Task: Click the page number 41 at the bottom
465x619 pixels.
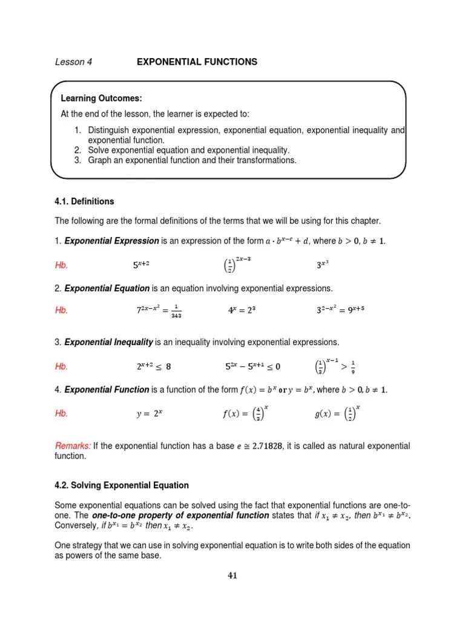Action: pyautogui.click(x=232, y=575)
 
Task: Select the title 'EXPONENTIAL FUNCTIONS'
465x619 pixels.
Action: pyautogui.click(x=197, y=62)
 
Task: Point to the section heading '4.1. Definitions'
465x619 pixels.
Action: pyautogui.click(x=84, y=201)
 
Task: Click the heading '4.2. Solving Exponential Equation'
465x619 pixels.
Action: pyautogui.click(x=122, y=485)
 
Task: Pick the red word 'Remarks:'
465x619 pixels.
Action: pyautogui.click(x=73, y=446)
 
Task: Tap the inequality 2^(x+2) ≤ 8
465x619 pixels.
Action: pyautogui.click(x=154, y=366)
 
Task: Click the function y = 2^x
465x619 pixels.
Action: pyautogui.click(x=150, y=414)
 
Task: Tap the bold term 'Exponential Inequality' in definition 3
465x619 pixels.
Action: pyautogui.click(x=108, y=343)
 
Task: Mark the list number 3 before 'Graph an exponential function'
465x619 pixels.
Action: pyautogui.click(x=78, y=160)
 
